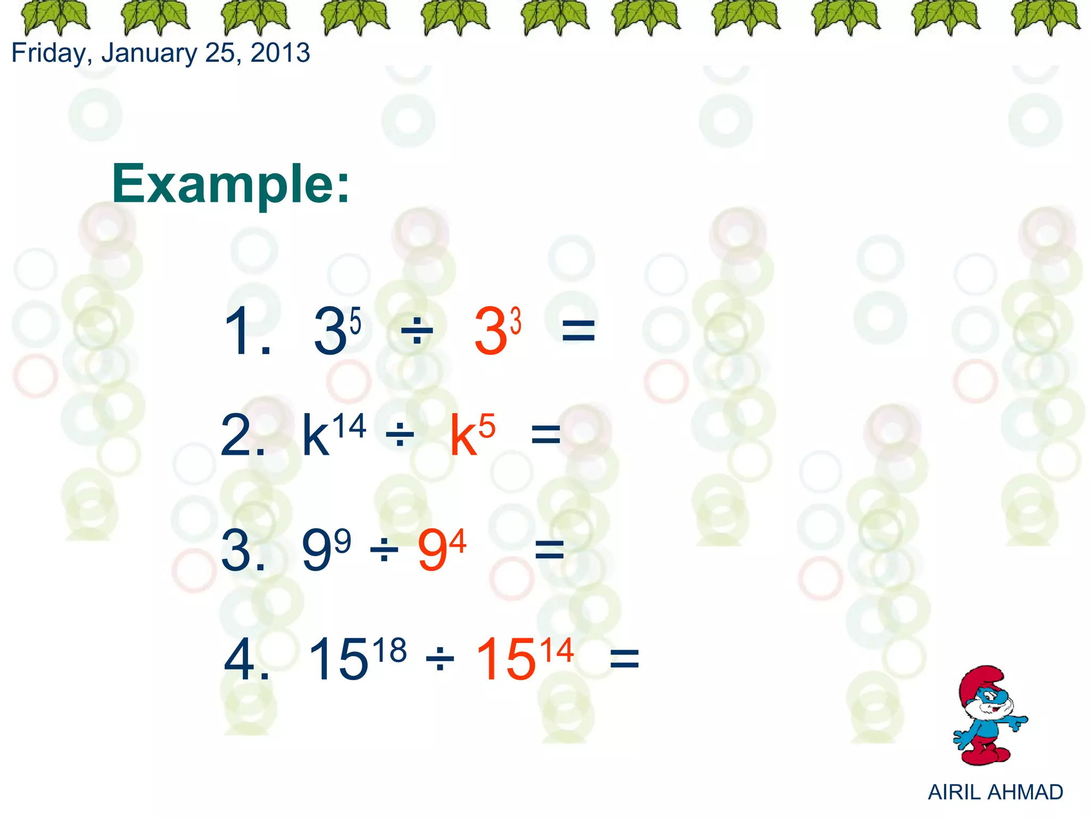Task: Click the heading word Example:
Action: (230, 184)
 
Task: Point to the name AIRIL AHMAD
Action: (995, 792)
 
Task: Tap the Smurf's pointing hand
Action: (1018, 722)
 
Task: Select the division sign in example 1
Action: (417, 331)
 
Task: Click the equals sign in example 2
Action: (546, 435)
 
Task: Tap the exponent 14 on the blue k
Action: (349, 427)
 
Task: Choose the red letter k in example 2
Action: (463, 437)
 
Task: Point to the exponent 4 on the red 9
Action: (458, 541)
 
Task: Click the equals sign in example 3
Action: (549, 550)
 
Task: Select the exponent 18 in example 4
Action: (390, 651)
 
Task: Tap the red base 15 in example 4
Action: (506, 660)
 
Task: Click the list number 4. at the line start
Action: (245, 660)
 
